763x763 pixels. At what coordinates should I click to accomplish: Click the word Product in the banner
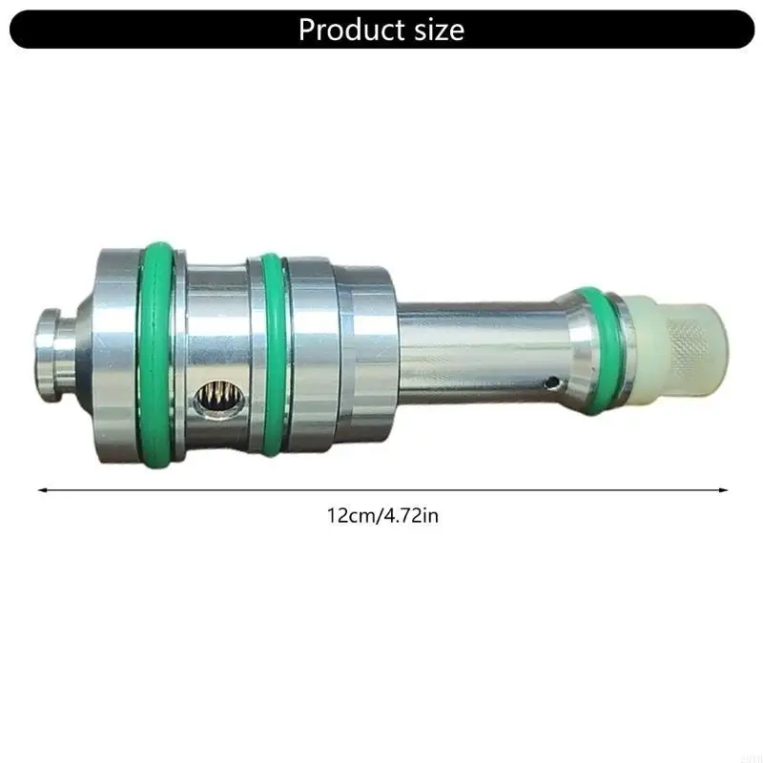click(349, 30)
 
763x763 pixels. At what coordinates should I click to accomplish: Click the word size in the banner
click(434, 30)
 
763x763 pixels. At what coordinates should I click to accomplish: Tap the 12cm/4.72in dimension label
click(381, 516)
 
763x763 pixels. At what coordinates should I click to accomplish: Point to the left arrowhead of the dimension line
click(42, 489)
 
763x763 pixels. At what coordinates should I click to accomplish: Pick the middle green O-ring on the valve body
click(271, 353)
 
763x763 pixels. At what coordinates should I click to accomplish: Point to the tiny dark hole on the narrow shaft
click(551, 383)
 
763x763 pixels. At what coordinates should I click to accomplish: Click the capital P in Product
click(307, 30)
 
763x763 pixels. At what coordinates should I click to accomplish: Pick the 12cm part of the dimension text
click(349, 516)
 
